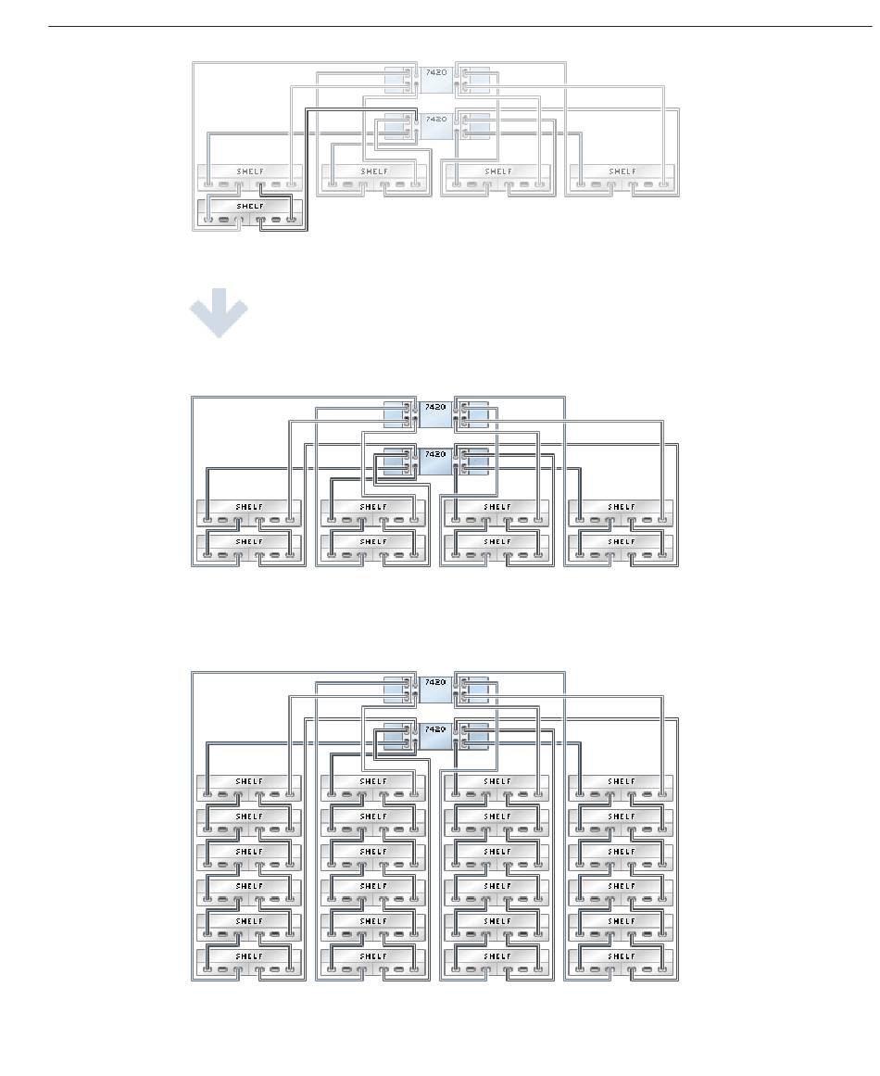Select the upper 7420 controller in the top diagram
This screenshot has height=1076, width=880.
pyautogui.click(x=435, y=79)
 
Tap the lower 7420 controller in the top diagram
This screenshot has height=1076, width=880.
pyautogui.click(x=435, y=125)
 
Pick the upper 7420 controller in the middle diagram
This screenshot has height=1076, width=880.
pyautogui.click(x=435, y=413)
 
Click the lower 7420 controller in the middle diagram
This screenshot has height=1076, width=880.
pyautogui.click(x=435, y=461)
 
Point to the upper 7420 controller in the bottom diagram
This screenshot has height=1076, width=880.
pyautogui.click(x=435, y=689)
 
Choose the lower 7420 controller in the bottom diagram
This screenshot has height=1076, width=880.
pyautogui.click(x=435, y=736)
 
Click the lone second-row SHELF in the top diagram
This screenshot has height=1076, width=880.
pyautogui.click(x=250, y=212)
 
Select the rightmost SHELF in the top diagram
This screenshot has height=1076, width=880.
pyautogui.click(x=622, y=177)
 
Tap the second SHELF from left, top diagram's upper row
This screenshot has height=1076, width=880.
pyautogui.click(x=374, y=177)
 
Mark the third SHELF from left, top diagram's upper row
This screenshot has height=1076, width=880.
pyautogui.click(x=497, y=177)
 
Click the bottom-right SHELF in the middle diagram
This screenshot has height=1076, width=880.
pyautogui.click(x=622, y=548)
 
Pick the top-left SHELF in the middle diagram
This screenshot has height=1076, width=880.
pyautogui.click(x=250, y=513)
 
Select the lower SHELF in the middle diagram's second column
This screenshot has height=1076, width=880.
pyautogui.click(x=374, y=548)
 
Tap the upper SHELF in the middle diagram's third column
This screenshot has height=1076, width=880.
pyautogui.click(x=497, y=513)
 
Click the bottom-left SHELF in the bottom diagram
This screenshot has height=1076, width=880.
pyautogui.click(x=250, y=962)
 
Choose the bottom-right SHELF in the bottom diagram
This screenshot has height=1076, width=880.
pyautogui.click(x=622, y=962)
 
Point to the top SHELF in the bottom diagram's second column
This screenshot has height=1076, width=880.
pyautogui.click(x=374, y=788)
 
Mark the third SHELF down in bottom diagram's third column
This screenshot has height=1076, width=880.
pyautogui.click(x=497, y=857)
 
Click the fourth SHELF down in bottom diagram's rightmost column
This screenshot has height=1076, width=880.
pyautogui.click(x=622, y=892)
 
